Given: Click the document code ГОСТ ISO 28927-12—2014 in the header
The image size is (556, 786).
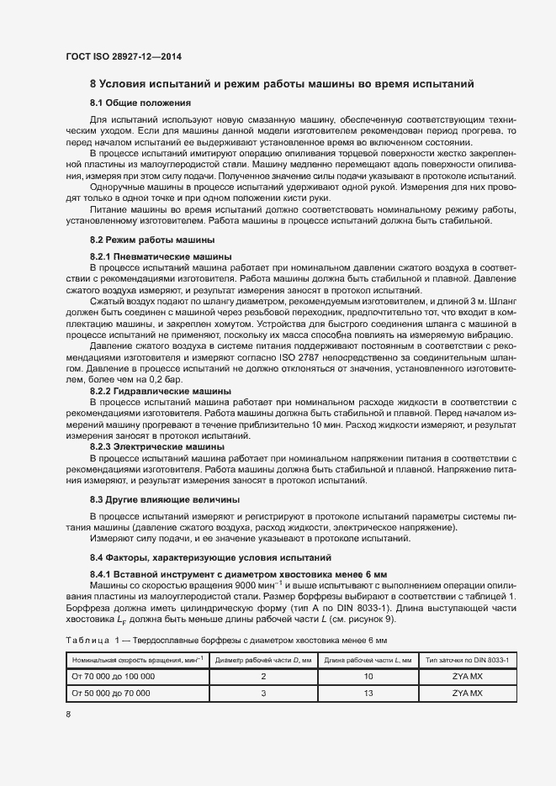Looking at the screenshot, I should click(x=124, y=56).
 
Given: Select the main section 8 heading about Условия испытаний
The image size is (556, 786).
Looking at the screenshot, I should click(x=282, y=84).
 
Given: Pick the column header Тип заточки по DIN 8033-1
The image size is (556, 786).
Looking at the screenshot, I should click(x=467, y=661).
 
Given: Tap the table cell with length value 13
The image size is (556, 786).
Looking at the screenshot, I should click(x=368, y=694).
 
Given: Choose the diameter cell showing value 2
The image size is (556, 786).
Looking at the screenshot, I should click(x=263, y=677).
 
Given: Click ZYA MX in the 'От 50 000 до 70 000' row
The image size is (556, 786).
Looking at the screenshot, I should click(x=467, y=694).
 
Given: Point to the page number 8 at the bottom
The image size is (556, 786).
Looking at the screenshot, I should click(x=69, y=715).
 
